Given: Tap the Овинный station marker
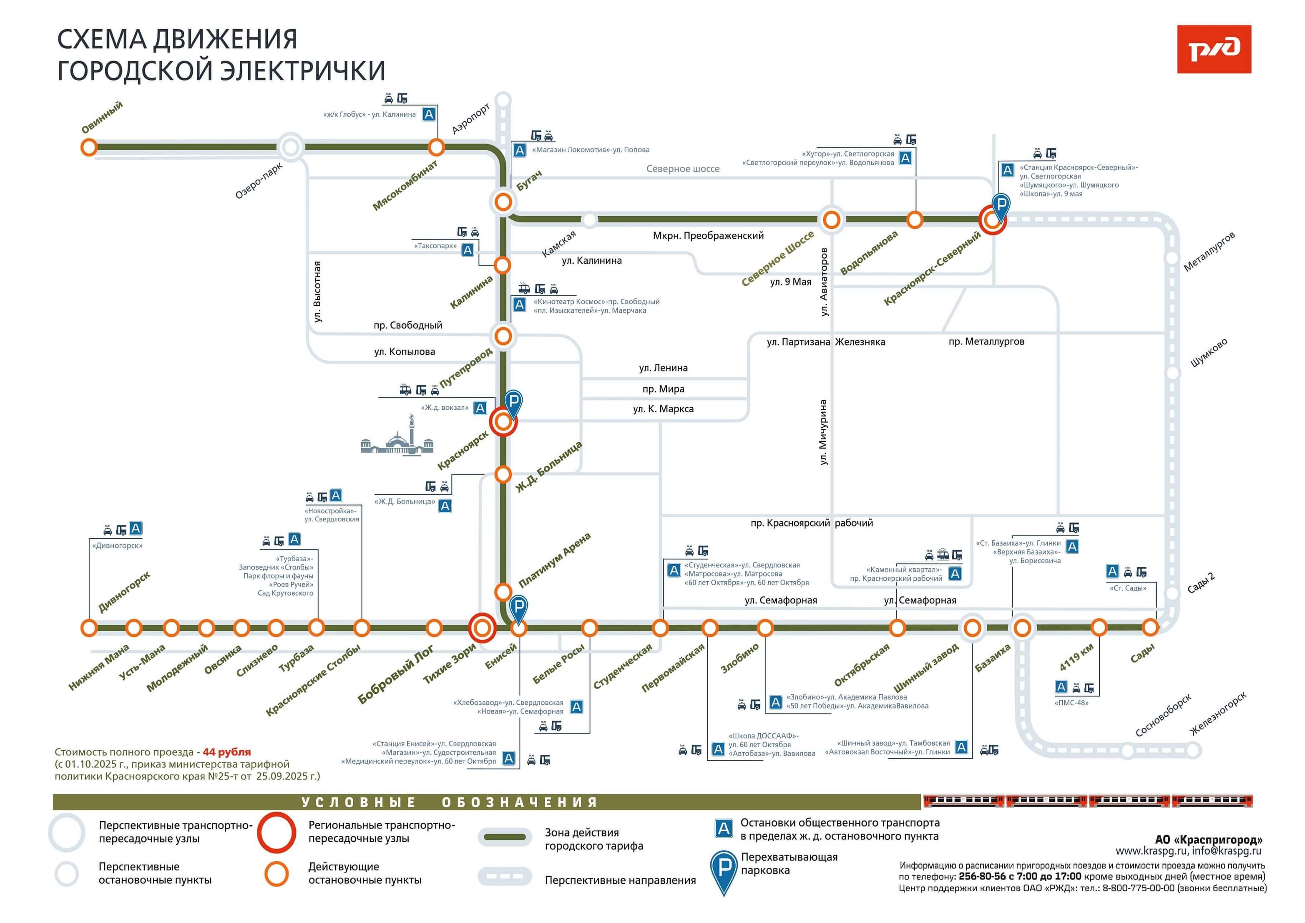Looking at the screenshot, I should [89, 147].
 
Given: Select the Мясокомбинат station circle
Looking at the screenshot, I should [436, 147].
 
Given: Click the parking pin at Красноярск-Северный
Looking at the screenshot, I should [1001, 206].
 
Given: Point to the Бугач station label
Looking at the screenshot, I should [528, 180].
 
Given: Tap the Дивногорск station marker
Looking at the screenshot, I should [89, 628].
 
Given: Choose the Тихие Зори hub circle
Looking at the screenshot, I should [482, 628].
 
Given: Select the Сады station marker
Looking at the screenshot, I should [1150, 628].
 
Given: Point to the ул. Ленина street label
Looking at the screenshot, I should [663, 368].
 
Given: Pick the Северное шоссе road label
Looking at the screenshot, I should [683, 169].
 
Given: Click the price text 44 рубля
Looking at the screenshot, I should [227, 752].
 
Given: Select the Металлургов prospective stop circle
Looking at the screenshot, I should [1172, 257].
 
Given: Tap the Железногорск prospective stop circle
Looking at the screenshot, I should [1193, 751].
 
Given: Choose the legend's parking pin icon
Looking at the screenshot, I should [724, 871].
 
